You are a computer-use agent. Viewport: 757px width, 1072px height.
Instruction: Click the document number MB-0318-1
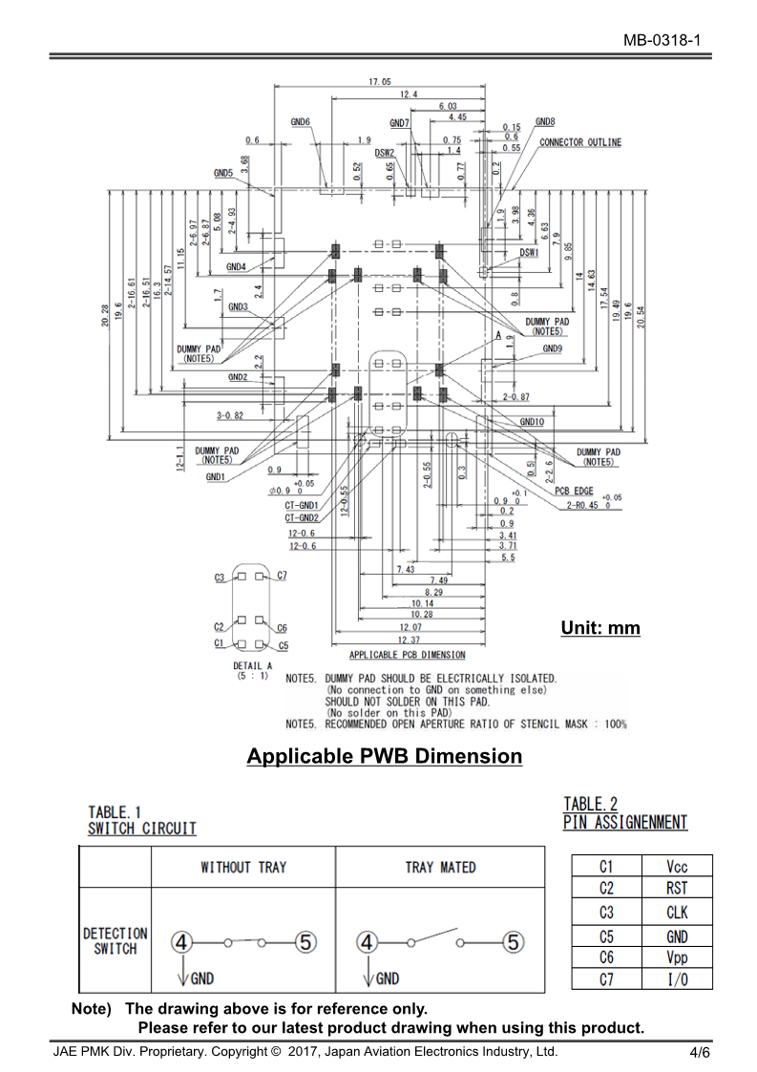coord(662,40)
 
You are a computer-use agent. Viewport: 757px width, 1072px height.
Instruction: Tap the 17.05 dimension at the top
coord(380,82)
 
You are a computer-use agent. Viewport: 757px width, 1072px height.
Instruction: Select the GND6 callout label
coord(301,122)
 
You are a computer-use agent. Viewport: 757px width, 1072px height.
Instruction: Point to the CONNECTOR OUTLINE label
coord(580,142)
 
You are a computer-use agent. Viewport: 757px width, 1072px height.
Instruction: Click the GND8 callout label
coord(545,121)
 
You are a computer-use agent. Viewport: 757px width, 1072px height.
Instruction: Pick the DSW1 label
coord(529,253)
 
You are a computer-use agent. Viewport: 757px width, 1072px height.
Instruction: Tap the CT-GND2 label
coord(302,517)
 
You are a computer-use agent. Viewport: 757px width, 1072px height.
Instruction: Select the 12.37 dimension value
coord(410,640)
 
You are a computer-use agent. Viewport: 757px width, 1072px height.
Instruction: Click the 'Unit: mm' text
coord(600,628)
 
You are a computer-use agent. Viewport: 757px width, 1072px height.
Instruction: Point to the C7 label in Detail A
coord(282,577)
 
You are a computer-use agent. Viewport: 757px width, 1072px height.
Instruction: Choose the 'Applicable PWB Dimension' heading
coord(385,757)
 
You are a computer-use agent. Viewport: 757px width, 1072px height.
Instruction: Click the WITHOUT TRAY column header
coord(243,867)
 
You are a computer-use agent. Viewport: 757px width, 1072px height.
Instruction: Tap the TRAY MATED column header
coord(440,867)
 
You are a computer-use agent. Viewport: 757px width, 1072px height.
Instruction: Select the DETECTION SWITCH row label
coord(116,940)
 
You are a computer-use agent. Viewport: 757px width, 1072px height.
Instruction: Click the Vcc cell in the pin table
coord(677,867)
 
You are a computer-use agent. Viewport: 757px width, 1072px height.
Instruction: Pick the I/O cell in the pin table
coord(677,979)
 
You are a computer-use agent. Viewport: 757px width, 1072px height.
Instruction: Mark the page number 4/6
coord(700,1053)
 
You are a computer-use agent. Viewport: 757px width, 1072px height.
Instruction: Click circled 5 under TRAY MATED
coord(514,942)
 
